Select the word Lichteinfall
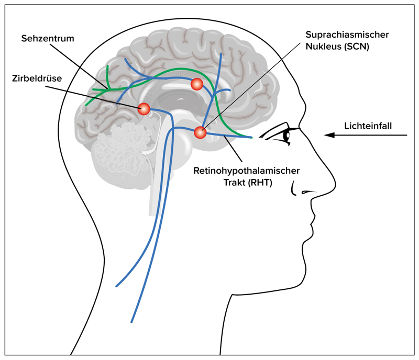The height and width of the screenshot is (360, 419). click(368, 126)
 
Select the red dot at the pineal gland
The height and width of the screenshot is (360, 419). click(144, 109)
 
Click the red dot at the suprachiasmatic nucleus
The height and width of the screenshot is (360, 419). click(200, 133)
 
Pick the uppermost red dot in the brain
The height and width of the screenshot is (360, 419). click(197, 84)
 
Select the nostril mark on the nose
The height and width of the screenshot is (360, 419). click(302, 193)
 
